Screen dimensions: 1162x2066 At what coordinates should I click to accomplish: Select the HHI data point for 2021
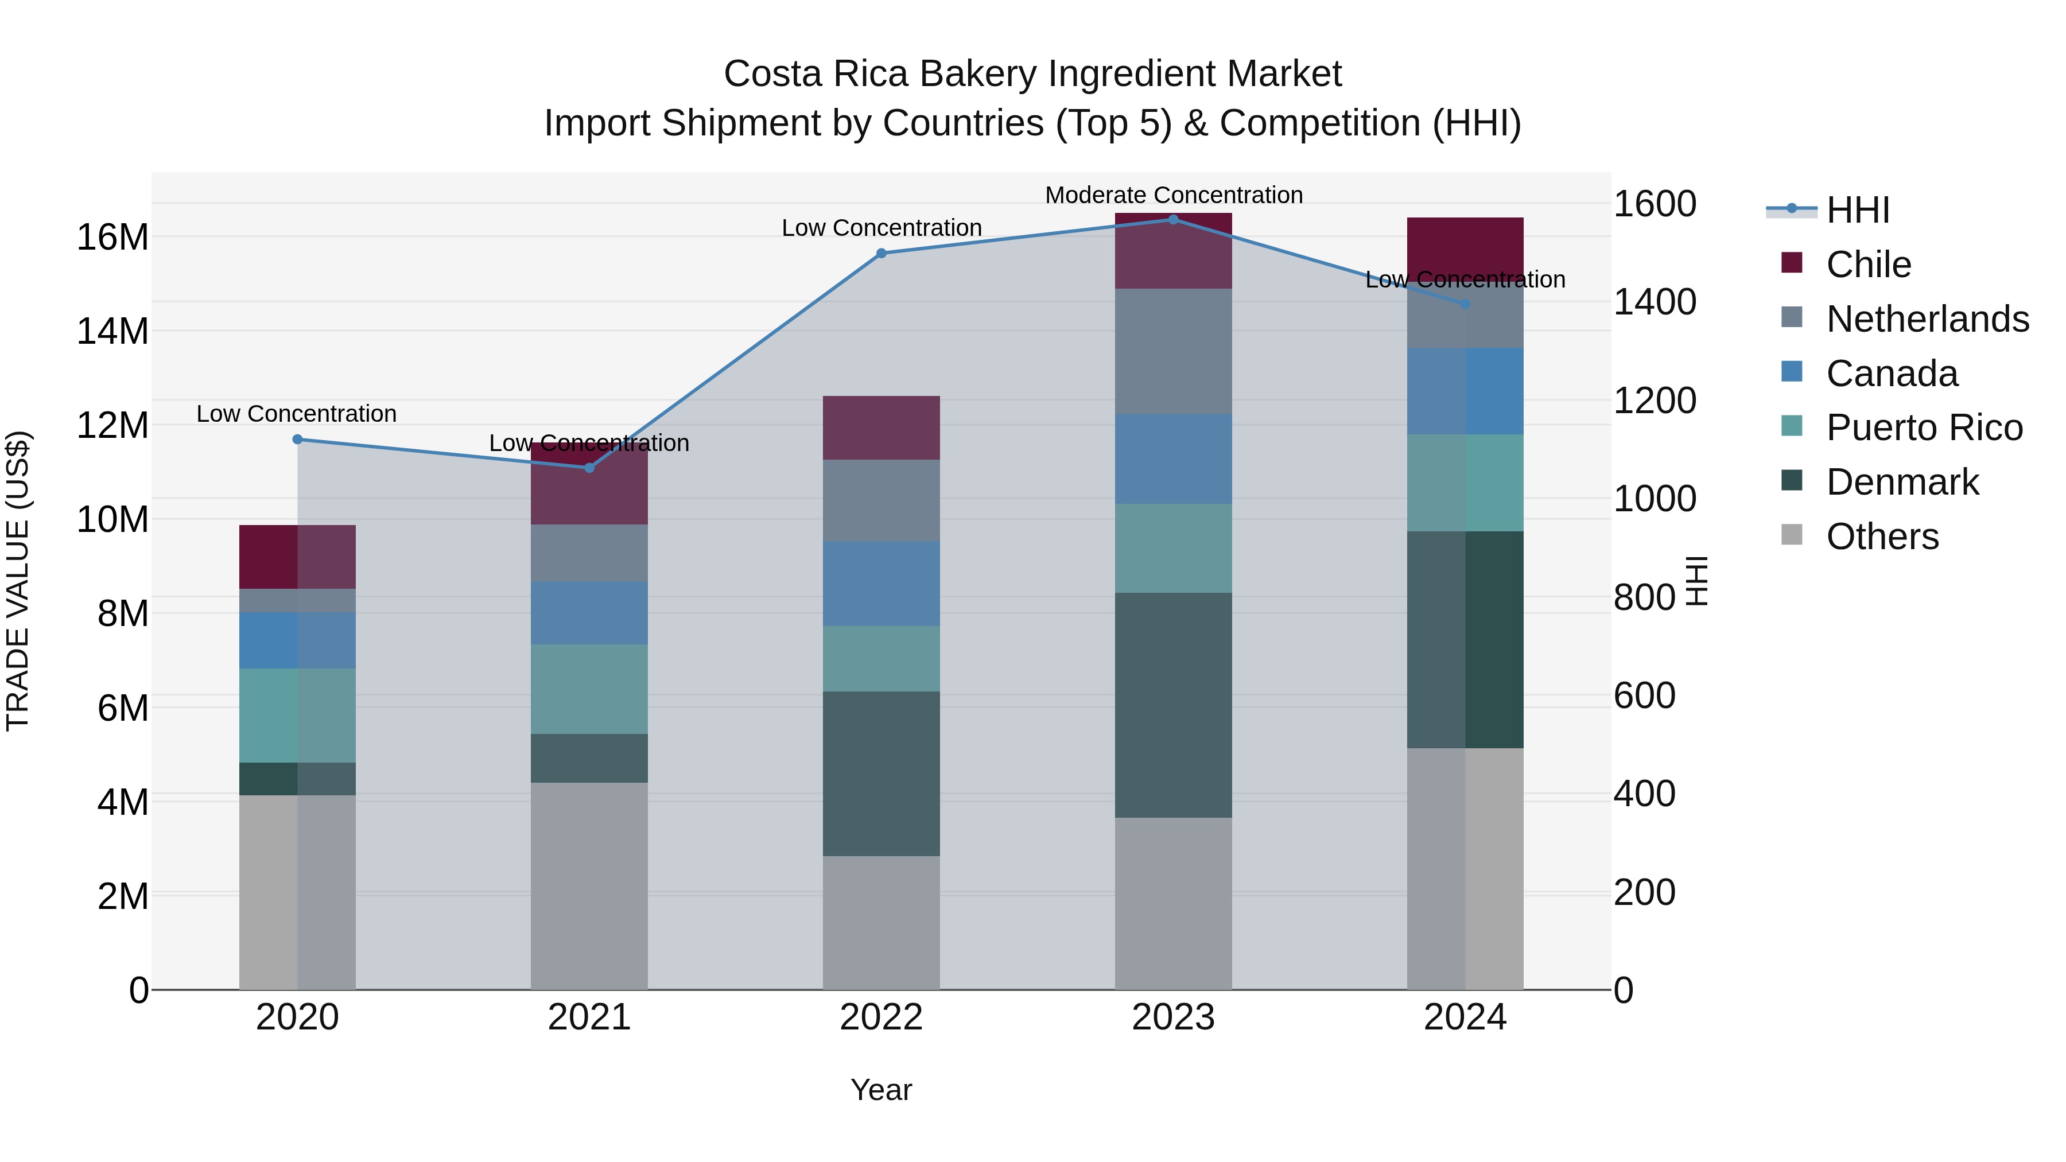pyautogui.click(x=589, y=468)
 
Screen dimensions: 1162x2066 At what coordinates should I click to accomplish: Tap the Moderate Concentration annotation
pyautogui.click(x=1174, y=195)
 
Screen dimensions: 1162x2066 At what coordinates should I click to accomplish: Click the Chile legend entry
pyautogui.click(x=1869, y=264)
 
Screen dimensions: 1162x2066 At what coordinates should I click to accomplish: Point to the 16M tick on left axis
pyautogui.click(x=112, y=238)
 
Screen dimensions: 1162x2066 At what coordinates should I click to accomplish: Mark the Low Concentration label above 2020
pyautogui.click(x=296, y=414)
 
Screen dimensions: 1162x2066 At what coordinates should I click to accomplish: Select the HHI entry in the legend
pyautogui.click(x=1858, y=210)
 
